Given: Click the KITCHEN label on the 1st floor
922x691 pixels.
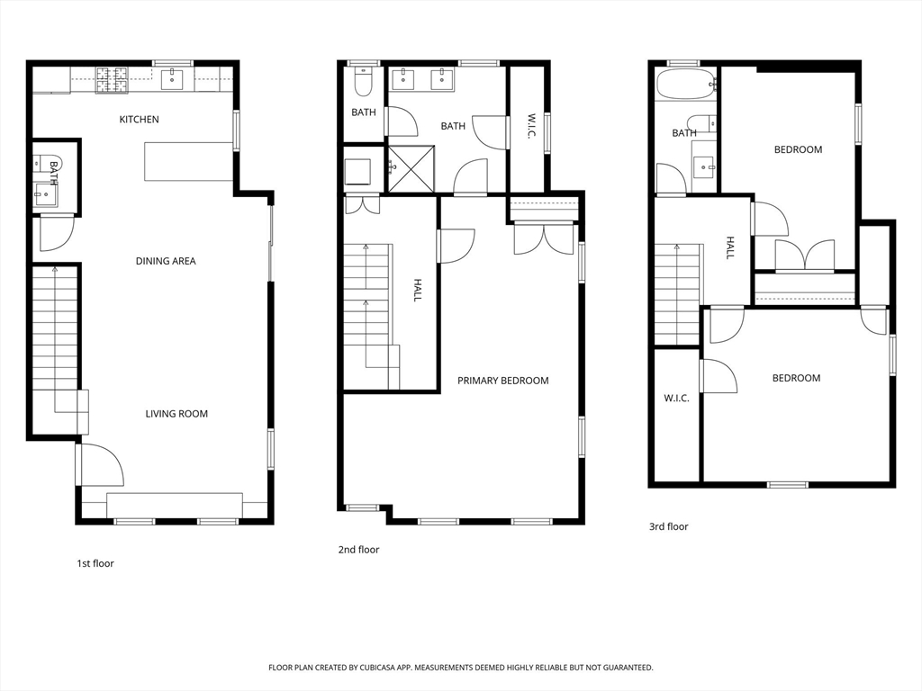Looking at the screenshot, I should (140, 120).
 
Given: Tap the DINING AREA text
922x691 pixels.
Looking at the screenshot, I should (166, 261).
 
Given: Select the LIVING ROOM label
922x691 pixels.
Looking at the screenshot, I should (176, 414).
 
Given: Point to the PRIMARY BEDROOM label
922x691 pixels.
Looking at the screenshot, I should (502, 381).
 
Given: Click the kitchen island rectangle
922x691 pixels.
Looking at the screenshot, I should (189, 161).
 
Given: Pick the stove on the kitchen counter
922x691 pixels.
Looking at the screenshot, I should (112, 80).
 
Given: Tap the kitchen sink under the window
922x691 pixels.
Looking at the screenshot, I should (172, 81).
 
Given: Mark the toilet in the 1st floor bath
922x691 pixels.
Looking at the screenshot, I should (43, 165).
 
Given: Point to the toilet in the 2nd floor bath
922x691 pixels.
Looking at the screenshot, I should (364, 84).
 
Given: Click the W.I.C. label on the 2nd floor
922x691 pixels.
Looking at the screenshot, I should (531, 126).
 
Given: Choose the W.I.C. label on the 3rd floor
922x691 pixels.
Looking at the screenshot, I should (676, 398).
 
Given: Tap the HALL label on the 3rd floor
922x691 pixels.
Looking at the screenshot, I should (730, 247).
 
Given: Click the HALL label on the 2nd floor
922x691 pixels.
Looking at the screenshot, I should (417, 289).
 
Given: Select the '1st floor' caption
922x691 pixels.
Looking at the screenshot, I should (95, 563).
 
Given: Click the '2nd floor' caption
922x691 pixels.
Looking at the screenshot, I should (358, 550).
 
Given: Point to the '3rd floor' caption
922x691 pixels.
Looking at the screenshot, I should (668, 526).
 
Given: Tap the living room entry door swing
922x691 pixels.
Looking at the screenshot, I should (101, 463).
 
